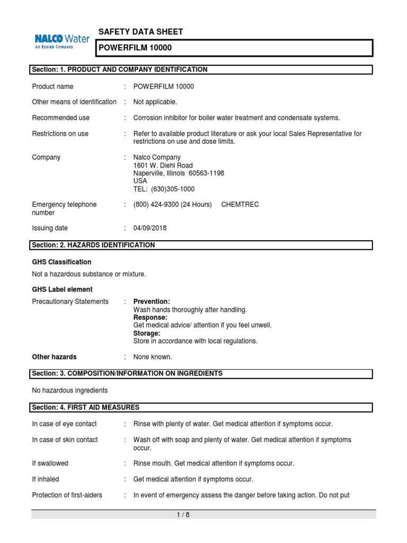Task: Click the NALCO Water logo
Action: point(61,41)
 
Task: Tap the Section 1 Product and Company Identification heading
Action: point(120,69)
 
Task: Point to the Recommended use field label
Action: point(60,118)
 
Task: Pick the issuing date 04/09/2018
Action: point(151,228)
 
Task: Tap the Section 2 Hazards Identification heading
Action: point(94,245)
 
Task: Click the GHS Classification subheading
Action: point(61,262)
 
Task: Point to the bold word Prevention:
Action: point(152,301)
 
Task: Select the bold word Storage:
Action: point(147,333)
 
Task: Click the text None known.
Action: point(153,357)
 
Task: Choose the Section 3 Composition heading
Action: point(127,374)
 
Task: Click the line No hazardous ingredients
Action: point(69,390)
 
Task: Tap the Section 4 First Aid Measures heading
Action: point(86,407)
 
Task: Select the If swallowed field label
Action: point(50,463)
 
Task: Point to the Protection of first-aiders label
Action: point(67,495)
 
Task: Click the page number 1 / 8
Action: point(182,515)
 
